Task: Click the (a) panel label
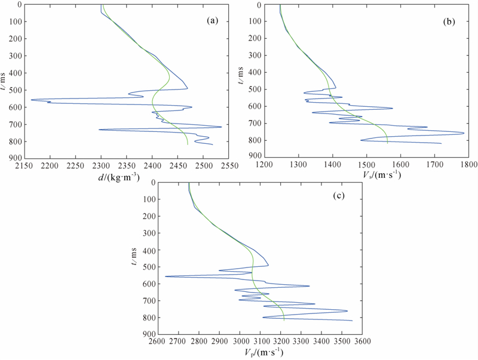coord(212,20)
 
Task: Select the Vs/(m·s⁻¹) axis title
coord(372,176)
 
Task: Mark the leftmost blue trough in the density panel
coord(31,100)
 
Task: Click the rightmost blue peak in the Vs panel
coord(464,133)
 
